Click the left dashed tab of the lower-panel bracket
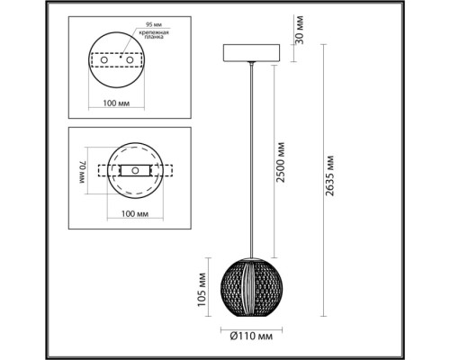(x=97, y=170)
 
